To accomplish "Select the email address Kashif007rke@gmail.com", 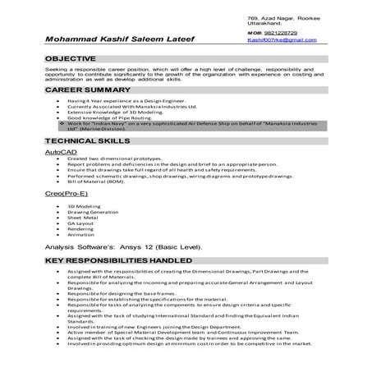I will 282,39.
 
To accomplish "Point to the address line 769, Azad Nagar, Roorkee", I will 282,17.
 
